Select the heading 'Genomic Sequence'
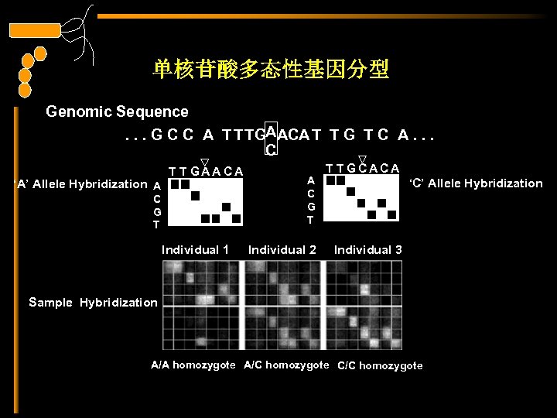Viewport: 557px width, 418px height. tap(117, 112)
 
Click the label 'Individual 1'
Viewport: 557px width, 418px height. tap(195, 250)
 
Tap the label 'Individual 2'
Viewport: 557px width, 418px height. tap(282, 250)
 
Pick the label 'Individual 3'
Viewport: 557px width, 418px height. tap(367, 250)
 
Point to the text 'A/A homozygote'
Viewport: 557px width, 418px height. tap(193, 365)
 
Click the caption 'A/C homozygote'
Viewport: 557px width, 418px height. tap(286, 365)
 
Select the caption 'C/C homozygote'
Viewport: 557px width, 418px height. tap(380, 365)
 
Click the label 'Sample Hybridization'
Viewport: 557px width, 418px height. tap(92, 302)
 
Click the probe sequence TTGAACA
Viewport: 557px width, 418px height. tap(206, 171)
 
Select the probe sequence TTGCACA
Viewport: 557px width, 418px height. tap(362, 168)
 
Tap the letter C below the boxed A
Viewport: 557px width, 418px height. tap(272, 149)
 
